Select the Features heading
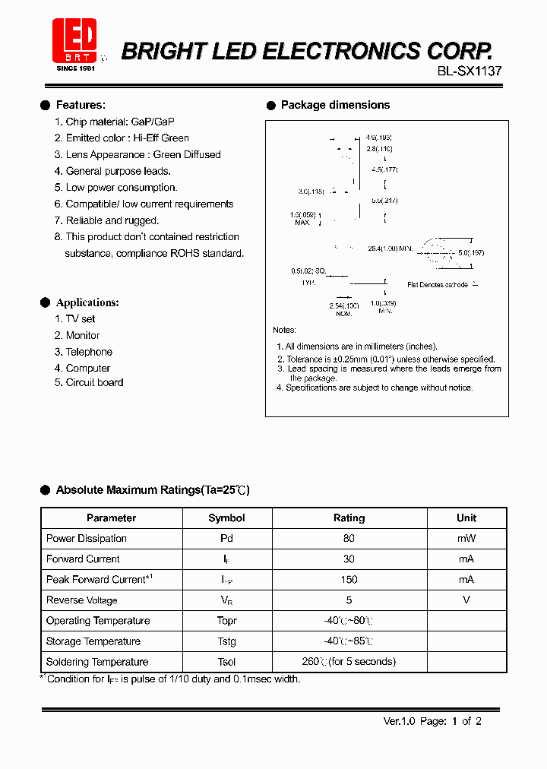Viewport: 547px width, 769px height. pyautogui.click(x=81, y=105)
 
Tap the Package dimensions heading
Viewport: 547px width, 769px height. pyautogui.click(x=335, y=105)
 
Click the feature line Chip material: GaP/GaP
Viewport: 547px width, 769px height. pyautogui.click(x=120, y=122)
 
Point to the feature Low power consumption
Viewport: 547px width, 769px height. pyautogui.click(x=121, y=188)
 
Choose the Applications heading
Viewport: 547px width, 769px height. pyautogui.click(x=87, y=302)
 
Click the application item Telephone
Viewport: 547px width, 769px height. pyautogui.click(x=89, y=352)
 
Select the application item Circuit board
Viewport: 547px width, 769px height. pyautogui.click(x=94, y=382)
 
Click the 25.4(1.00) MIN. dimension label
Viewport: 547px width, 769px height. pyautogui.click(x=390, y=248)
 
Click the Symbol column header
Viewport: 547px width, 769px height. pyautogui.click(x=226, y=518)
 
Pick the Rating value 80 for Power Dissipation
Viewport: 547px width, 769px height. pyautogui.click(x=349, y=538)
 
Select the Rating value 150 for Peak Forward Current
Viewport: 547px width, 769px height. pyautogui.click(x=349, y=579)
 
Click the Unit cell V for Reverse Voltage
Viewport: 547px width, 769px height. pyautogui.click(x=466, y=600)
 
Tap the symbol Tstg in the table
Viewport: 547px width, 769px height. pyautogui.click(x=226, y=641)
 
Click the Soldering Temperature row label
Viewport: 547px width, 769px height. pyautogui.click(x=97, y=662)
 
